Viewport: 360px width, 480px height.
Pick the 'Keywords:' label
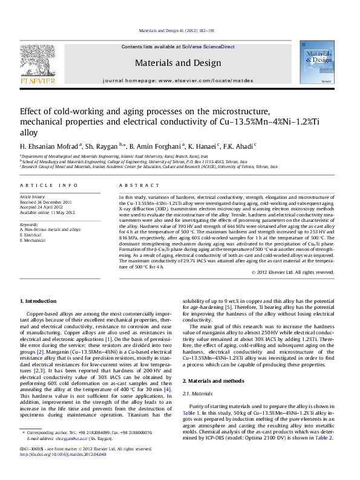pyautogui.click(x=29, y=225)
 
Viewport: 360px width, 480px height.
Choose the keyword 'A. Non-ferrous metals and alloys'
pyautogui.click(x=50, y=230)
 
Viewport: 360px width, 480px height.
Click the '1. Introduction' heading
pyautogui.click(x=39, y=300)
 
